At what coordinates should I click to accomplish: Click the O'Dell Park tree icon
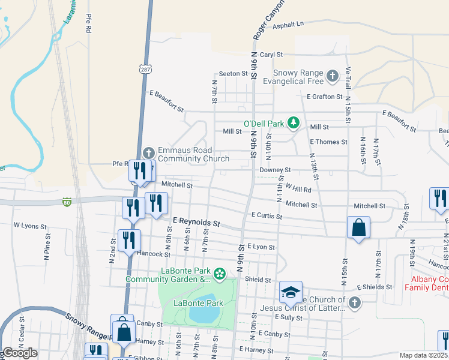click(293, 123)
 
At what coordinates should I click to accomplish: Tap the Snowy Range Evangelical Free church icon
click(333, 76)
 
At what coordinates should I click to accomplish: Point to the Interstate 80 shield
click(67, 202)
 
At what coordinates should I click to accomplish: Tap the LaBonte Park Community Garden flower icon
click(220, 274)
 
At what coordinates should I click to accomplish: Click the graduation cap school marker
click(290, 292)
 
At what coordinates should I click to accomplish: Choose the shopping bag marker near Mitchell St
click(358, 227)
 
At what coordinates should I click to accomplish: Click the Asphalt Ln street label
click(289, 24)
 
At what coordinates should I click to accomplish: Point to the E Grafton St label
click(324, 96)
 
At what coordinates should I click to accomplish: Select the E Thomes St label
click(328, 142)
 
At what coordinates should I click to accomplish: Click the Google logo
click(20, 353)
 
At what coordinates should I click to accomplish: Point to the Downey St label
click(275, 170)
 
